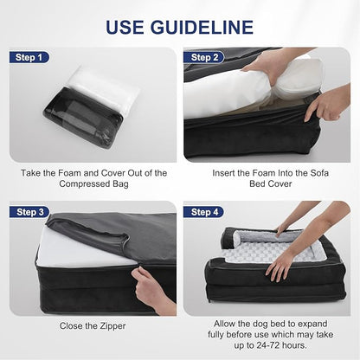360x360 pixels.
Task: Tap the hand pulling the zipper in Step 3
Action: click(154, 290)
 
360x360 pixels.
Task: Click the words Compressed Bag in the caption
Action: click(94, 184)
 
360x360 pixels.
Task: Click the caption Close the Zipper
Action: click(93, 327)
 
